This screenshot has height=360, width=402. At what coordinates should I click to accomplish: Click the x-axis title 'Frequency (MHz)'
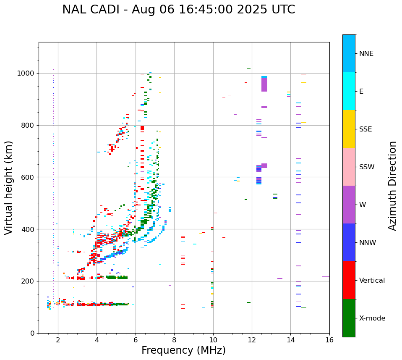(x=183, y=350)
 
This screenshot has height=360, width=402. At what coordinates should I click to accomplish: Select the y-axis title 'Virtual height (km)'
(x=9, y=188)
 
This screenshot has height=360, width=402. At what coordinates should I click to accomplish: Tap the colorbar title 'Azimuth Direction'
(x=392, y=186)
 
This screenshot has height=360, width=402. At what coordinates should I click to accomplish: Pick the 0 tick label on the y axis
(x=32, y=333)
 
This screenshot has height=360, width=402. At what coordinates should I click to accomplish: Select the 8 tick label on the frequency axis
(x=174, y=340)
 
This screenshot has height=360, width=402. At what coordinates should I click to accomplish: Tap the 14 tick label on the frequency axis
(x=290, y=340)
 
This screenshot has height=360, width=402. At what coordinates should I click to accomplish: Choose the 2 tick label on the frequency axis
(x=58, y=340)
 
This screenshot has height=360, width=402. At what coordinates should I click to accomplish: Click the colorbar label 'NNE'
(x=366, y=54)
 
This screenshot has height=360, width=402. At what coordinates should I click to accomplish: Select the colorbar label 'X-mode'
(x=372, y=318)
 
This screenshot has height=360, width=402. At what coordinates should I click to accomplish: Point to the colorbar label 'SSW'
(x=367, y=167)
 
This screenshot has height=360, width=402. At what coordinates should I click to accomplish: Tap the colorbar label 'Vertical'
(x=372, y=281)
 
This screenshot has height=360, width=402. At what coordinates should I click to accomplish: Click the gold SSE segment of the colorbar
(x=349, y=129)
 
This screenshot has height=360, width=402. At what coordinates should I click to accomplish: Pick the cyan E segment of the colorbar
(x=349, y=91)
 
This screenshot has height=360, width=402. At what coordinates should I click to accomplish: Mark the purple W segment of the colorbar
(x=349, y=205)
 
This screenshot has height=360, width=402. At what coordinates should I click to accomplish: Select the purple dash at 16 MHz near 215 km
(x=326, y=277)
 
